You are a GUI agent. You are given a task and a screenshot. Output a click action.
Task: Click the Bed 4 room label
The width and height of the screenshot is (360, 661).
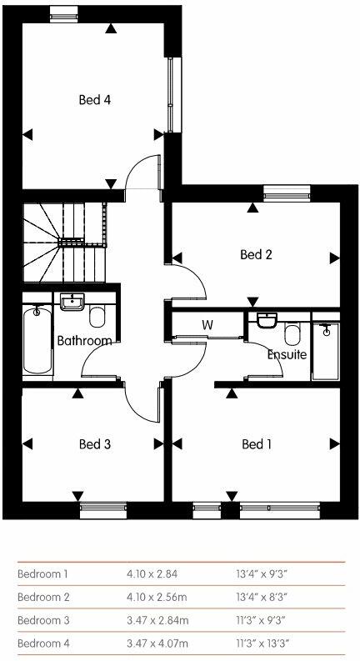[95, 100]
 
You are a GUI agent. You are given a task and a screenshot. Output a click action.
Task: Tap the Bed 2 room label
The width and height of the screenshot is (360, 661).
[257, 255]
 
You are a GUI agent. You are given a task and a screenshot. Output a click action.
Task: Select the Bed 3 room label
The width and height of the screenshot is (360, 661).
[95, 444]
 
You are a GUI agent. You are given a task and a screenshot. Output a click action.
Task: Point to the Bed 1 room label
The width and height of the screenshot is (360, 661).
[257, 444]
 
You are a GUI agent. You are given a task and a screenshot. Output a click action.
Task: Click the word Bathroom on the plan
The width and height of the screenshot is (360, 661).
[84, 341]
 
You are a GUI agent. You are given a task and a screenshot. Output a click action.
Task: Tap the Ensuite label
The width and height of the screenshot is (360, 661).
[287, 355]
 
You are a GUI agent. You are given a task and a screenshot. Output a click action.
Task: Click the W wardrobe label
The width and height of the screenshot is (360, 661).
[207, 323]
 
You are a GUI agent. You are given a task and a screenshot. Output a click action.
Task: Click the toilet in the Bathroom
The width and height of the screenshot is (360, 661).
[98, 318]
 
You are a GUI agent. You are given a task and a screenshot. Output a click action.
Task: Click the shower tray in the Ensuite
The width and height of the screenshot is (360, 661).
[326, 349]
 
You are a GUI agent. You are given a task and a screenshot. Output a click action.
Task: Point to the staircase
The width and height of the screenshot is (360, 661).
[64, 242]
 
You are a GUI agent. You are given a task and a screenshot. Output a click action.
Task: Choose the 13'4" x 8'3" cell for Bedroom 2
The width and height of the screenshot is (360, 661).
[262, 597]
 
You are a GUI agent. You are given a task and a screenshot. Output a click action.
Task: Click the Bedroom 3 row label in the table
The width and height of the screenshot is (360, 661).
[44, 620]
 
